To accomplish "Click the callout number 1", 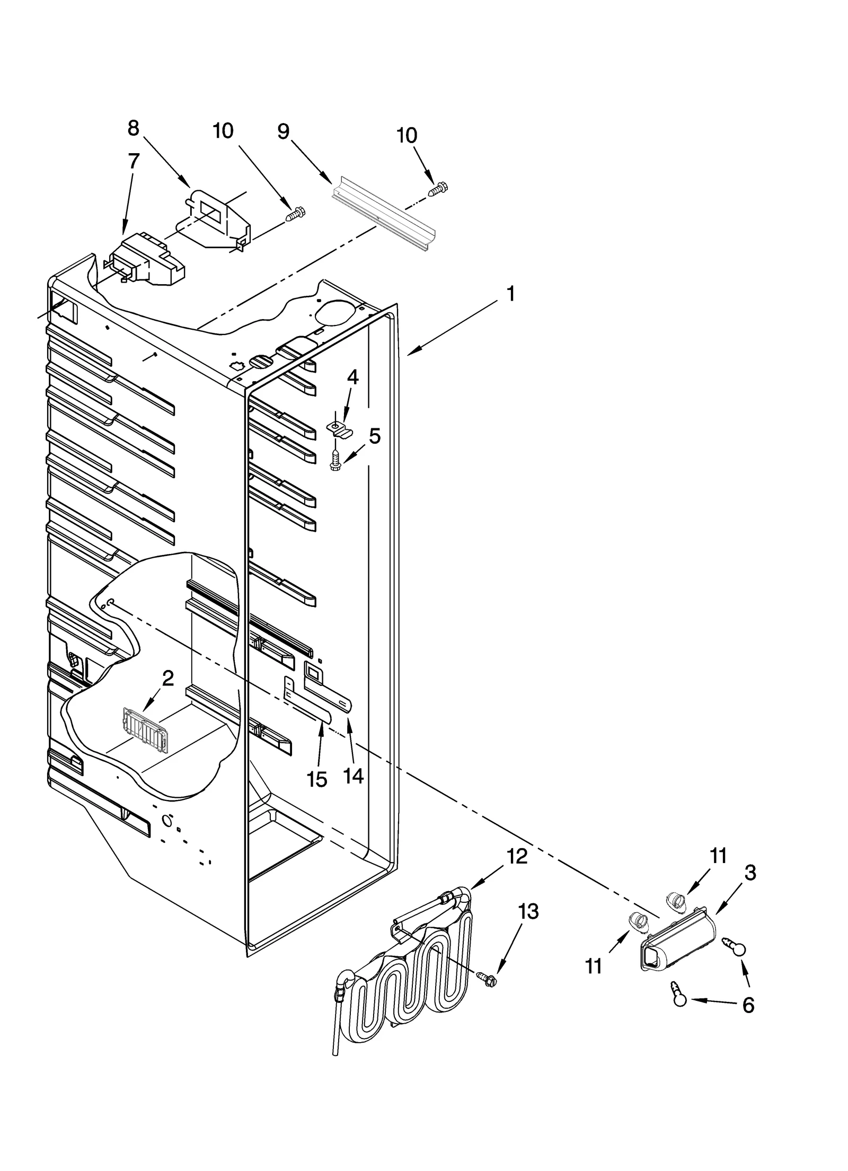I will click(510, 294).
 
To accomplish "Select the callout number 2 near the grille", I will click(167, 678).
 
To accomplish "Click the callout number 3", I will click(750, 873).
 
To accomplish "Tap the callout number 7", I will click(134, 161).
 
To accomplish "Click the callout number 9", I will click(284, 131).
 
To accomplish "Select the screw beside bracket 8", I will click(296, 215).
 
